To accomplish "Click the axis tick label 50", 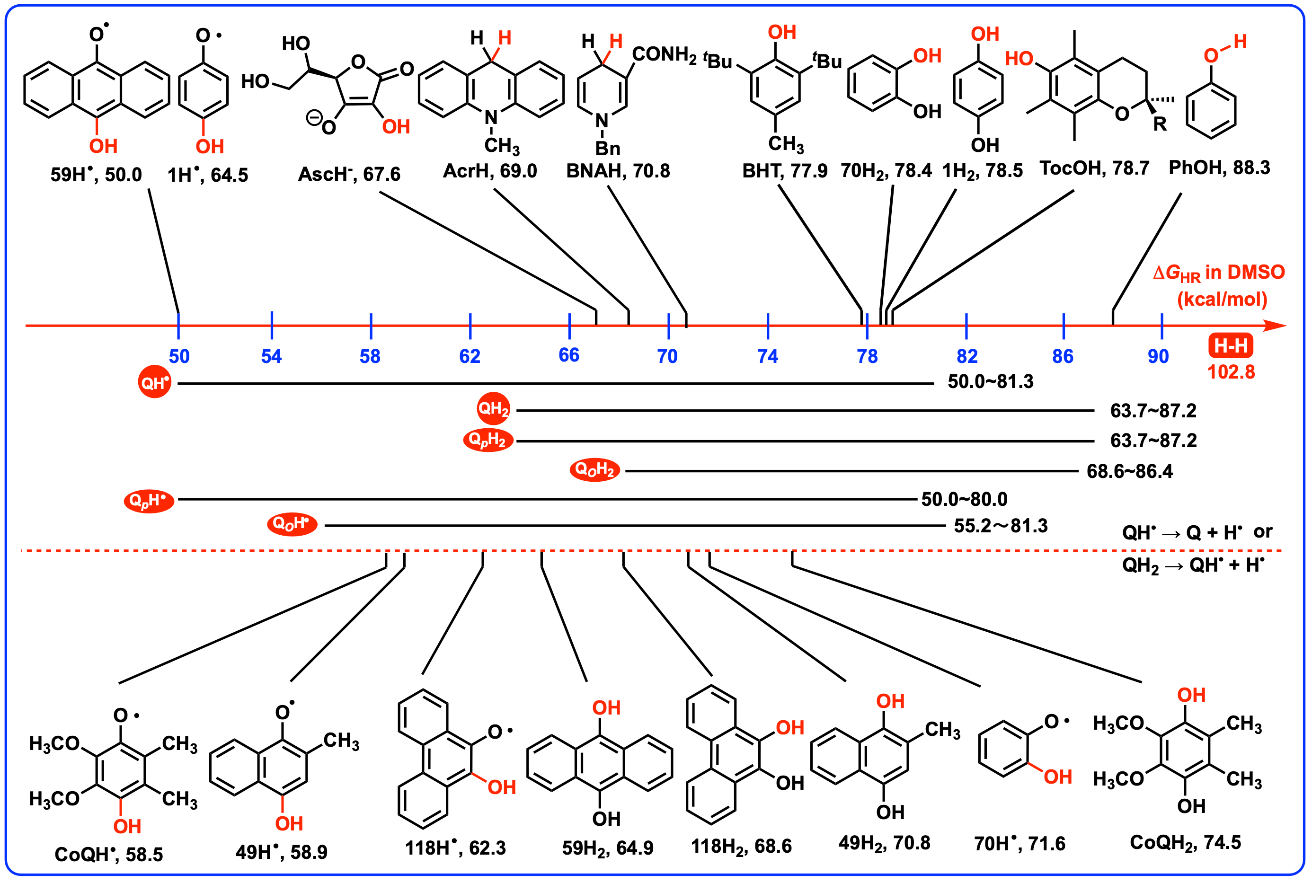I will point(179,356).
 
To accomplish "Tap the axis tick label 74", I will point(768,356).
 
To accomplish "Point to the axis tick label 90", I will point(1158,356).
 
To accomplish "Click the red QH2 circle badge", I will point(493,408).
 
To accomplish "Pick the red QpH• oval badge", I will point(149,500).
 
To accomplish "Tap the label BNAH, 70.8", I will point(618,171).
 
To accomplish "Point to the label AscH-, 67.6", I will point(349,174).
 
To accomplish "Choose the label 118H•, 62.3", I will point(455,848).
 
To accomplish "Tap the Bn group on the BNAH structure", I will point(608,149).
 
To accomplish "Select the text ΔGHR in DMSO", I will point(1219,273).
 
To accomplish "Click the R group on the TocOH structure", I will point(1160,124).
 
